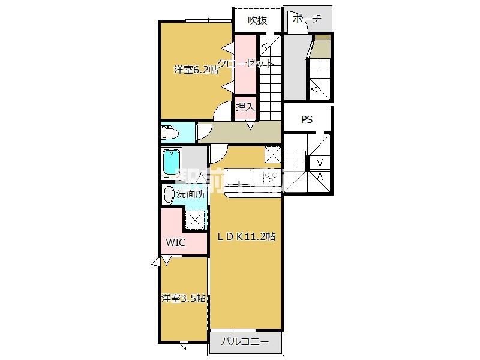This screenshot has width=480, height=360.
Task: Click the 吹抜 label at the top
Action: pyautogui.click(x=257, y=20)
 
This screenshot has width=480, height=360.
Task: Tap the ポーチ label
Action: pyautogui.click(x=307, y=19)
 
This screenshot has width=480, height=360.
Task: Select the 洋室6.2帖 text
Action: pyautogui.click(x=196, y=70)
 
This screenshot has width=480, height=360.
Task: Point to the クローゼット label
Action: pyautogui.click(x=246, y=64)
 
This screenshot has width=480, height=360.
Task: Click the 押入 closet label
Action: pyautogui.click(x=245, y=107)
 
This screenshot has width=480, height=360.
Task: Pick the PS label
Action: pyautogui.click(x=307, y=119)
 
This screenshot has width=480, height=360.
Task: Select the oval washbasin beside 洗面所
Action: pyautogui.click(x=168, y=193)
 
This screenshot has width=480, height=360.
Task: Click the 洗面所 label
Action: pyautogui.click(x=191, y=194)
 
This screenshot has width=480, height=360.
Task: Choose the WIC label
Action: pyautogui.click(x=175, y=242)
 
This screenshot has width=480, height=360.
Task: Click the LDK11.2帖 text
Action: pyautogui.click(x=245, y=236)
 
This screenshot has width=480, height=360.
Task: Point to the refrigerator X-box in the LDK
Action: pyautogui.click(x=272, y=155)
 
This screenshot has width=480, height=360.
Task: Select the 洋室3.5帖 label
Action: pyautogui.click(x=184, y=298)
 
